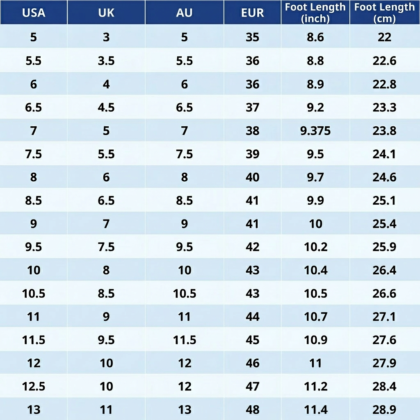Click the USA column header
(x=34, y=13)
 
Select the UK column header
(x=106, y=13)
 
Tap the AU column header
(x=184, y=13)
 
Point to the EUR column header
(x=253, y=13)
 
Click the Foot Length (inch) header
(x=315, y=13)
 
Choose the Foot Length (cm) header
(x=384, y=13)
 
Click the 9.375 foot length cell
(x=315, y=131)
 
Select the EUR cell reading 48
(x=253, y=409)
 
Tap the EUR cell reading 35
(x=253, y=37)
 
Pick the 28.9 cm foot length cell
(x=384, y=409)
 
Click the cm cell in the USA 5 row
(x=384, y=37)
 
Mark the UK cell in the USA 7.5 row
(x=106, y=154)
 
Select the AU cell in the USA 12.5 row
(x=184, y=386)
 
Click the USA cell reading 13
(x=34, y=409)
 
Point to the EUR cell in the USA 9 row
(x=253, y=224)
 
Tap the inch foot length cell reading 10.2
(x=315, y=247)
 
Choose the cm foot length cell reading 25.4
(x=384, y=224)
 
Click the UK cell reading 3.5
(x=106, y=61)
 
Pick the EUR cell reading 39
(x=253, y=154)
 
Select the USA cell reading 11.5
(x=34, y=340)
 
